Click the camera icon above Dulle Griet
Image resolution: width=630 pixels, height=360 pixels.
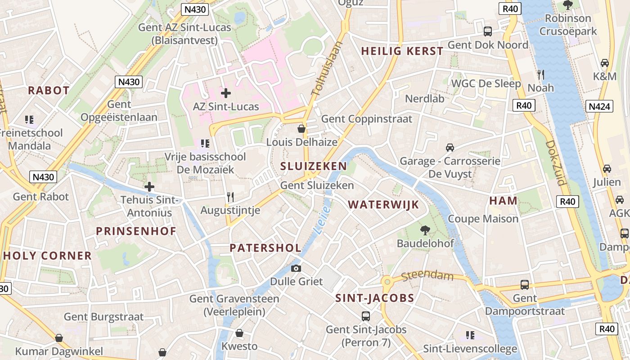(x=296, y=269)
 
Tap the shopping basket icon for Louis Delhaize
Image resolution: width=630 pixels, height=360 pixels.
(x=301, y=129)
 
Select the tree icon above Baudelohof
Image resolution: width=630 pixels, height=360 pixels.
(x=425, y=230)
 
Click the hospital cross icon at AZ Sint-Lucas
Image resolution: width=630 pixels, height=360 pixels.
(x=226, y=93)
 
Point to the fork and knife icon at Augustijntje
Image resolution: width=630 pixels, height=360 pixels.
(x=230, y=197)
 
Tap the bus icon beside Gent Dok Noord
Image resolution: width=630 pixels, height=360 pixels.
(x=488, y=31)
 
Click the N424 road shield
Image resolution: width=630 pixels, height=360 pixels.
(x=599, y=106)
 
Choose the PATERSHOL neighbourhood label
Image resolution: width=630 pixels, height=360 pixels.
(x=265, y=248)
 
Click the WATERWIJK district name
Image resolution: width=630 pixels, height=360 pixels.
(x=383, y=205)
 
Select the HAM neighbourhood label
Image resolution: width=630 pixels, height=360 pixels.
(x=503, y=201)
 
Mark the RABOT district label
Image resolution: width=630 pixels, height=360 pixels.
(x=49, y=90)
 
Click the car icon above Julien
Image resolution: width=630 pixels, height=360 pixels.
(x=607, y=169)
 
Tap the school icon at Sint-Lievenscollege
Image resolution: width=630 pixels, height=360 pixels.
(x=470, y=335)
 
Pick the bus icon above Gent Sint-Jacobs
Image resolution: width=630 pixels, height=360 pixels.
(x=366, y=316)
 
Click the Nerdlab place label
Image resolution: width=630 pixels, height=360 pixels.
(x=424, y=99)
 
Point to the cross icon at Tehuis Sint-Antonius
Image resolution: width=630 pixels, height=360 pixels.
(x=149, y=187)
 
